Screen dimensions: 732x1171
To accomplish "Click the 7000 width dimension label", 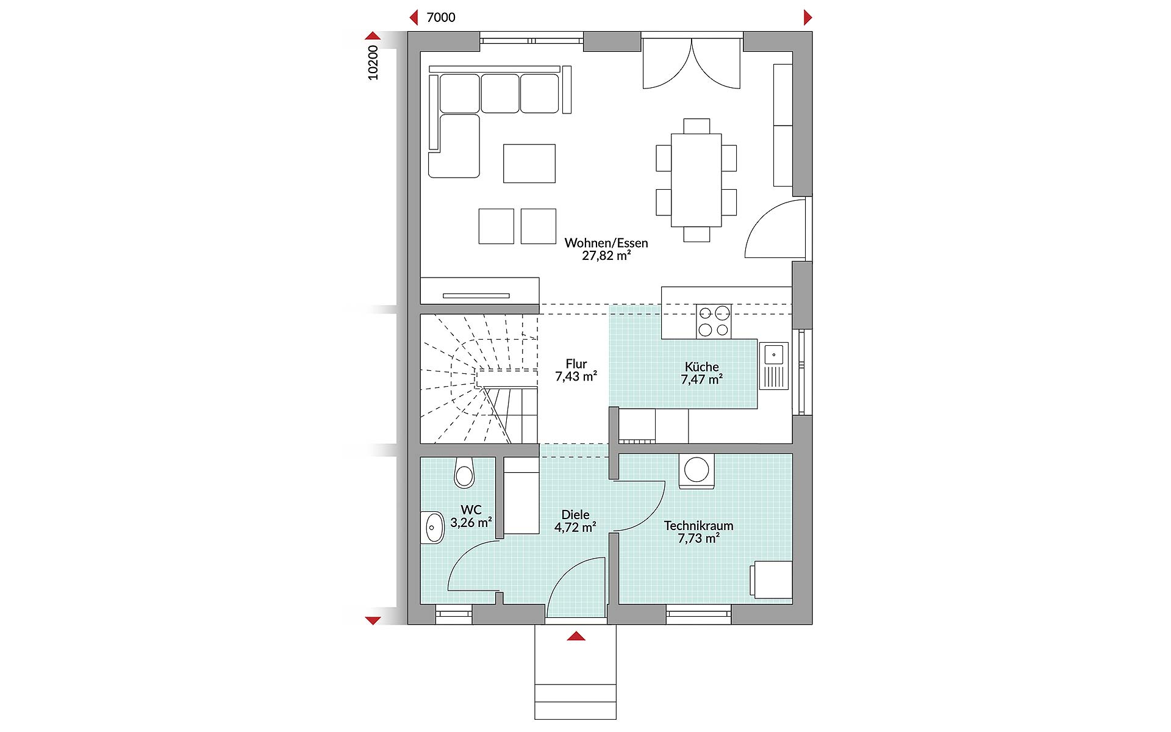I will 440,18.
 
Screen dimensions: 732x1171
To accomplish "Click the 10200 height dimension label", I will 373,62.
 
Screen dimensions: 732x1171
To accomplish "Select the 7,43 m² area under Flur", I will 576,377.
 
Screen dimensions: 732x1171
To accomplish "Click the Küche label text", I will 701,367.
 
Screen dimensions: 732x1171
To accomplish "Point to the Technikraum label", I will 698,525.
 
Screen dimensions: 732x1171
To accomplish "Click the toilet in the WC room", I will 464,473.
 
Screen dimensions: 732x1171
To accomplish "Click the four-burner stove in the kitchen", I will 714,321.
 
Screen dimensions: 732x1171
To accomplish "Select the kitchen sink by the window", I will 774,366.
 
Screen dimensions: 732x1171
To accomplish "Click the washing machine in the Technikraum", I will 696,472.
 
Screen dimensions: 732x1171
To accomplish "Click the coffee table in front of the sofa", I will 529,163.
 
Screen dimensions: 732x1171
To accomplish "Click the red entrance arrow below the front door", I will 576,636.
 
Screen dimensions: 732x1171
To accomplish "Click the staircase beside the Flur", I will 479,378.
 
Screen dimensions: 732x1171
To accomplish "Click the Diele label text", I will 575,515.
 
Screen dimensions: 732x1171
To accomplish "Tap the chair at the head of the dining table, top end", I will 696,126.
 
